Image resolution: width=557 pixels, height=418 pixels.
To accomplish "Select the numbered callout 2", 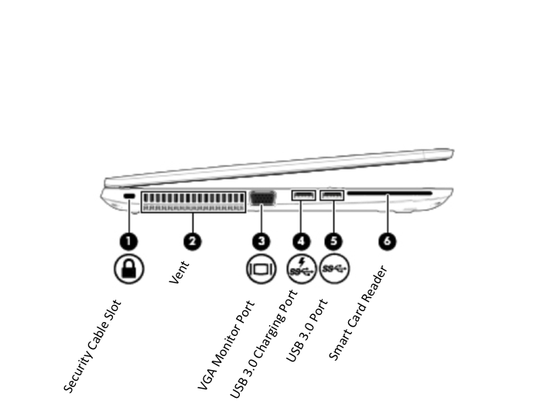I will (193, 241).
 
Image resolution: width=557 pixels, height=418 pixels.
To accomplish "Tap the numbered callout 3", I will (262, 241).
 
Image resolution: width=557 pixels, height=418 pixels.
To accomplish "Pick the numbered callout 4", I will (302, 241).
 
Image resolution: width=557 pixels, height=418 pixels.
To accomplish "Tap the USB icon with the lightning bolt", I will (301, 269).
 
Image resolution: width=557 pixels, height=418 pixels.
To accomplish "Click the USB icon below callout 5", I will (334, 269).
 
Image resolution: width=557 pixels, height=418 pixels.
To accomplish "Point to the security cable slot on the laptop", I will (128, 198).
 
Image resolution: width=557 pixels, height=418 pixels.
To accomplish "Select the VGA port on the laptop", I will (262, 200).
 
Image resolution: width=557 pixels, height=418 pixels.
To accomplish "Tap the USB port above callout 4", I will (303, 194).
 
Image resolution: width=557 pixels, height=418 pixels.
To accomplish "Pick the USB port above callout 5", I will (332, 194).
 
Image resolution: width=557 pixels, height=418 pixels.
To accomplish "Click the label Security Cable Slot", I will (93, 346).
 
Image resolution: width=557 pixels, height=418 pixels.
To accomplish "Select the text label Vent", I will (179, 272).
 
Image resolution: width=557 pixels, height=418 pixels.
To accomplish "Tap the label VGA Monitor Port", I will (226, 344).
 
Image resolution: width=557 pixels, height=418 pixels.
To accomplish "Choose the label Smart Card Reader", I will (357, 313).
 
